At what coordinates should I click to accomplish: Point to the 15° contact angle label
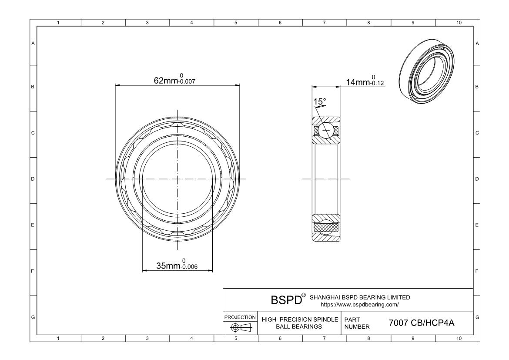click(x=320, y=102)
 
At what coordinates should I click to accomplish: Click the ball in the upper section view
click(x=325, y=130)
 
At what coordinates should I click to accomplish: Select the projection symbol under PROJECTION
click(x=240, y=327)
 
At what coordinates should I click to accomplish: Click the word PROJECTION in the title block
click(x=240, y=317)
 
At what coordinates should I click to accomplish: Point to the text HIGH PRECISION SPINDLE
click(x=300, y=320)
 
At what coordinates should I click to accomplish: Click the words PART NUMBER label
click(x=357, y=323)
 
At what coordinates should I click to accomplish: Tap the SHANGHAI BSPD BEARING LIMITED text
click(x=359, y=297)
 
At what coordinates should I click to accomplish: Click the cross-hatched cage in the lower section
click(x=325, y=227)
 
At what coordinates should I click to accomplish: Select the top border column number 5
click(x=236, y=23)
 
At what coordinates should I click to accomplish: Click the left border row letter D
click(x=33, y=179)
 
